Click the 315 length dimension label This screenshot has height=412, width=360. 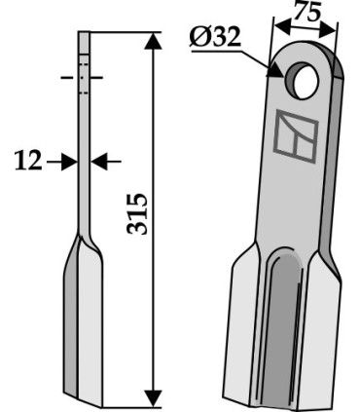(137, 213)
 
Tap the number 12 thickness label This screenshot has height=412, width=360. (28, 161)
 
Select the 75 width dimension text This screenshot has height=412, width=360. (308, 14)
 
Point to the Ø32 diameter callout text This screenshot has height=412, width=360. (215, 37)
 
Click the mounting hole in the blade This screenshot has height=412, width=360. (302, 81)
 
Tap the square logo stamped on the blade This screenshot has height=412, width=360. (296, 136)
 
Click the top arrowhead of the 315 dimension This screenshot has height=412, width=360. (153, 41)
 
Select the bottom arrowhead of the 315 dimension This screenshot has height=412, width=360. (153, 398)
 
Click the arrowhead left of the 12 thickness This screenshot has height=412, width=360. (70, 161)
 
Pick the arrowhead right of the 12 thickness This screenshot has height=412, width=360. (99, 161)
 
